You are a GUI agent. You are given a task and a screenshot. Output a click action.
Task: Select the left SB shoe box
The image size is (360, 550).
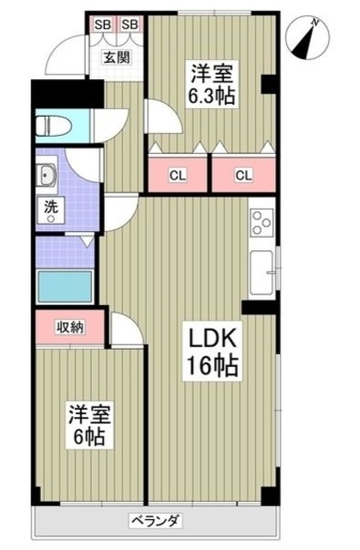pos(101,24)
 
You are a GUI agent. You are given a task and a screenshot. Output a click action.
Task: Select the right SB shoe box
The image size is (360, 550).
pos(129,24)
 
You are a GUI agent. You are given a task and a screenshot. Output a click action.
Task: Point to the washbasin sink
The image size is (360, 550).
pos(47,178)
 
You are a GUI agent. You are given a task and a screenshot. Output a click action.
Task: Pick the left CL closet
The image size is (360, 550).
pos(177,176)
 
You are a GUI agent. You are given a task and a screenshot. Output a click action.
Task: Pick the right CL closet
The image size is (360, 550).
pos(244,176)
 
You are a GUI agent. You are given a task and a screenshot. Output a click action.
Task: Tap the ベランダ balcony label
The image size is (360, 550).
pos(155,520)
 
